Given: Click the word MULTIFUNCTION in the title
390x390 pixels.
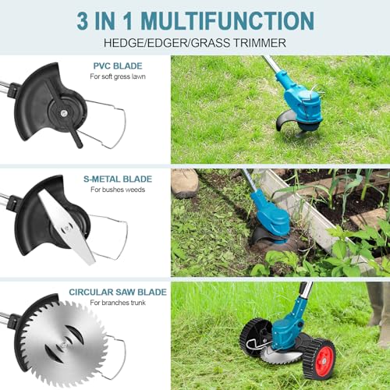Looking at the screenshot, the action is tap(228, 20).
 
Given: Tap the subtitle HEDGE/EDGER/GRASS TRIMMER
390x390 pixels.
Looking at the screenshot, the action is tap(195, 43).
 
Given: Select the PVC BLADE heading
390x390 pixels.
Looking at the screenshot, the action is tap(118, 66).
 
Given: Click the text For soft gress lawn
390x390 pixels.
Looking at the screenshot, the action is tap(118, 76).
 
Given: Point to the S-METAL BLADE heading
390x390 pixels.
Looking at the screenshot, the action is tap(118, 179).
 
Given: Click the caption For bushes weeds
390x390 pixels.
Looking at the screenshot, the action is tap(118, 190).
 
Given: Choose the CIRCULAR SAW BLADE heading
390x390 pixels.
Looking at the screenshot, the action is tap(118, 292).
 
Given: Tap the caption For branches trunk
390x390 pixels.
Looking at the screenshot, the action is tap(118, 303).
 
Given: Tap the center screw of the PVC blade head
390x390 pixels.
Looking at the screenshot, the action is tap(63, 113).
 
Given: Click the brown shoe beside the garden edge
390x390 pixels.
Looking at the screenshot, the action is tap(185, 183).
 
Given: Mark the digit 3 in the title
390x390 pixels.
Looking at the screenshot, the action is tap(83, 21).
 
